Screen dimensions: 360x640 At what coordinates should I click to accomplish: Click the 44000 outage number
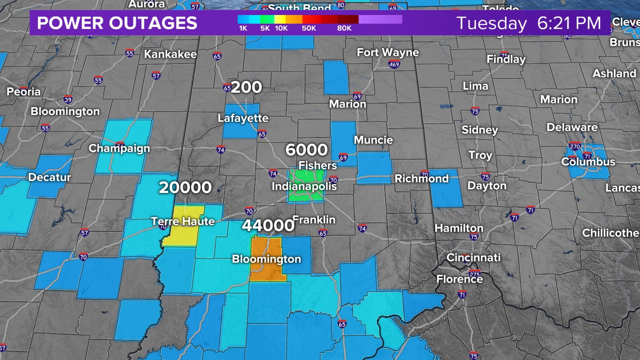tap(268, 226)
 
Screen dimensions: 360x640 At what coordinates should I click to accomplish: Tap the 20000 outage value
tap(185, 188)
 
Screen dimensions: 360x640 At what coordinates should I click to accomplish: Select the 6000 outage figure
tap(307, 150)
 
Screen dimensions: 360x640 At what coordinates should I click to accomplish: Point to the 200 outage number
tap(246, 87)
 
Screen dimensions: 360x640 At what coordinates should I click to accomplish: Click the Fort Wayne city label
tap(388, 52)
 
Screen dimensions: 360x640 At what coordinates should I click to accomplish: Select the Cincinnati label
tap(473, 257)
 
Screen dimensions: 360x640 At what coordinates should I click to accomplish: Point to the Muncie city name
tap(373, 140)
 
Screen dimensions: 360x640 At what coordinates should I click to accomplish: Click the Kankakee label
tap(170, 54)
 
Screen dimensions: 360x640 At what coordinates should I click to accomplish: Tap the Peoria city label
tap(23, 92)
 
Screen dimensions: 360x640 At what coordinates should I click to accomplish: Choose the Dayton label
tap(487, 186)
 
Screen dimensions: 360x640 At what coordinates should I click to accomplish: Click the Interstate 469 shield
tap(394, 64)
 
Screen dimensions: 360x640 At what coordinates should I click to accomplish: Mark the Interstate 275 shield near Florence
tap(475, 274)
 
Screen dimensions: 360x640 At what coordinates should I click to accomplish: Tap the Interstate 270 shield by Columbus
tap(575, 146)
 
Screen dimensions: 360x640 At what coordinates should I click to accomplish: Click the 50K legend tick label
tap(309, 28)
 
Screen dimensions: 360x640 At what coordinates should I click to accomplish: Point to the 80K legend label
tap(344, 28)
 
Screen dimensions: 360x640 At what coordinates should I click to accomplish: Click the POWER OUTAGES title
tap(117, 23)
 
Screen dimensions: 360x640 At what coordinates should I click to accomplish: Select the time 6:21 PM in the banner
tap(569, 23)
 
